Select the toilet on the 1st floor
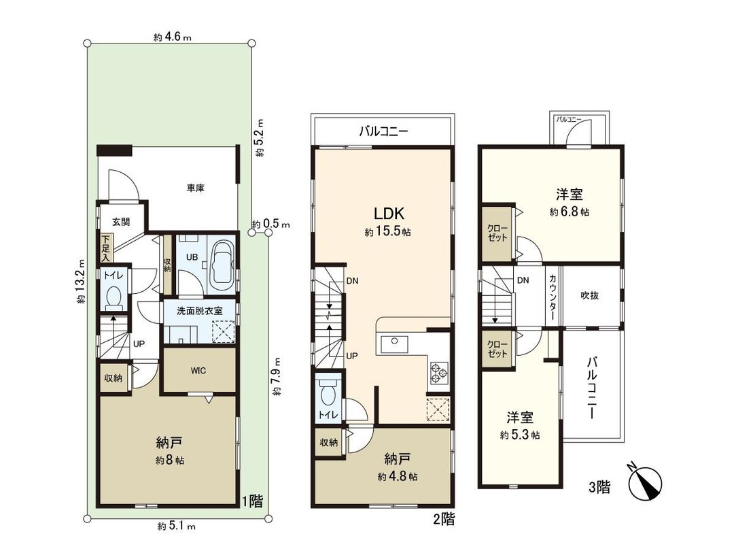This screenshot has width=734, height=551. pos(113,297)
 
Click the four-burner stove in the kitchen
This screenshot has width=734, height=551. pos(437,371)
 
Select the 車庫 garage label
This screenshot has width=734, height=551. pos(196,188)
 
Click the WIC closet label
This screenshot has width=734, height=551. pos(198,371)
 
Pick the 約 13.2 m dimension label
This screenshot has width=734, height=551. pos(81,284)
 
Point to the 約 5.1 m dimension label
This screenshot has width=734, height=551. pos(177,526)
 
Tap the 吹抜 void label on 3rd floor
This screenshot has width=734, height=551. pos(589,295)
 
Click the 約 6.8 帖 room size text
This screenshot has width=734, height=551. pos(570,212)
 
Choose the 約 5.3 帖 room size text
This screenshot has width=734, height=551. pos(520,435)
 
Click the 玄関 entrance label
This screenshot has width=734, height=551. pos(121,222)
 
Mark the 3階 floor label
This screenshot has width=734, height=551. pos(599,487)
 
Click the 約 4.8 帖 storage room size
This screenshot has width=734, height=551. pos(398,476)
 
